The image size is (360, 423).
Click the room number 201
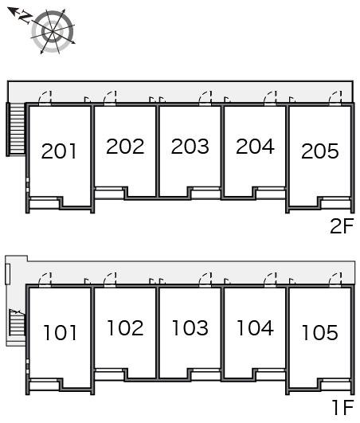tap(59, 151)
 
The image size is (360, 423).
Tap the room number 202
tap(125, 147)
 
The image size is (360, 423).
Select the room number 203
tap(190, 147)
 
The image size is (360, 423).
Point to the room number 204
tap(255, 147)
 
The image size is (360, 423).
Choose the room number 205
tap(320, 151)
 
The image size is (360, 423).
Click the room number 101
tap(61, 332)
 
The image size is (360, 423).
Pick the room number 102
tap(125, 327)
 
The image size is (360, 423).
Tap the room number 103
tap(190, 327)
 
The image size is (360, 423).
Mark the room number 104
tap(256, 327)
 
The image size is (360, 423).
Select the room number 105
tap(320, 332)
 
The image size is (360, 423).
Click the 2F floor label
tap(342, 226)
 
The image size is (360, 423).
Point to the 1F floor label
tap(342, 407)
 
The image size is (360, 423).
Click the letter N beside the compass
tap(25, 18)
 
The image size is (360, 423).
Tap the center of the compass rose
tap(53, 32)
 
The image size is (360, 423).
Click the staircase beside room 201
tap(16, 129)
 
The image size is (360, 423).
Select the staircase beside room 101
tap(18, 323)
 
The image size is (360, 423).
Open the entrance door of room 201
tap(45, 99)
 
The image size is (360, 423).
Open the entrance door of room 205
tap(335, 99)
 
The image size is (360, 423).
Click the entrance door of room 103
tap(205, 280)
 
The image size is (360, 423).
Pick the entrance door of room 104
tap(270, 280)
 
